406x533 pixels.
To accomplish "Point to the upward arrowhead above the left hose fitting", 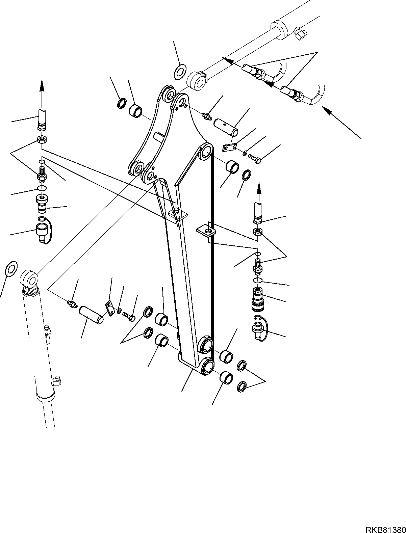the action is tap(42, 86).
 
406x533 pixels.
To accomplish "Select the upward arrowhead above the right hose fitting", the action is tap(259, 188).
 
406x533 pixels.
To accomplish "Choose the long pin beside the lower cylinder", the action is tap(91, 315).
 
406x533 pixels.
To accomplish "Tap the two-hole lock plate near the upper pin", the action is tap(230, 148).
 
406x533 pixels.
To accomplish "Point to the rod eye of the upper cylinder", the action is tap(197, 81).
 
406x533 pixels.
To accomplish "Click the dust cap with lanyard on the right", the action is tap(260, 328).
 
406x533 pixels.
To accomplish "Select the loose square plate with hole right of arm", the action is tap(206, 231).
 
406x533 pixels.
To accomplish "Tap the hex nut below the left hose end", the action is tap(42, 140).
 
